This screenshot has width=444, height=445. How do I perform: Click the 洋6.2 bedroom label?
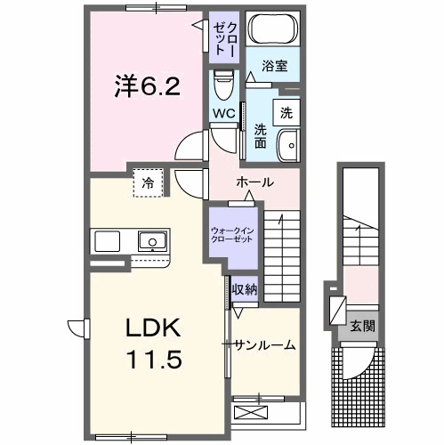(x=148, y=86)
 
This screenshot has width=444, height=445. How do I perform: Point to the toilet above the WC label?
(x=222, y=87)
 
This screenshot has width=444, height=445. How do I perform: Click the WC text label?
(x=222, y=113)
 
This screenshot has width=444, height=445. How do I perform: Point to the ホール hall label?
(x=254, y=181)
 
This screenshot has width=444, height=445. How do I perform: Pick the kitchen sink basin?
(x=151, y=240)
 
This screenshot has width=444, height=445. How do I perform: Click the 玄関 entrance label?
(x=362, y=327)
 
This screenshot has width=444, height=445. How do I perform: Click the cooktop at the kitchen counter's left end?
(x=106, y=240)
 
